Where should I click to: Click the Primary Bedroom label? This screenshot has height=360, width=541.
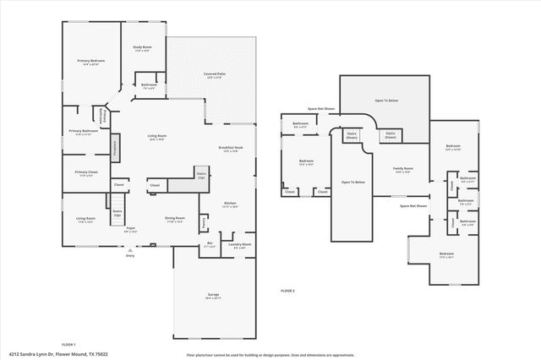pyautogui.click(x=91, y=61)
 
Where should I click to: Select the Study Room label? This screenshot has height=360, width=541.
pyautogui.click(x=141, y=47)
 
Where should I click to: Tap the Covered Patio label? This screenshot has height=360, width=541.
pyautogui.click(x=215, y=74)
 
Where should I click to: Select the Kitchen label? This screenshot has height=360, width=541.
pyautogui.click(x=229, y=203)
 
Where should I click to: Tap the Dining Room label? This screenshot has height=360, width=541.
pyautogui.click(x=175, y=218)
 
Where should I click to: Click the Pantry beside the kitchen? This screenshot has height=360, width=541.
pyautogui.click(x=204, y=223)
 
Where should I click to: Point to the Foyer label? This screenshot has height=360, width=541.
pyautogui.click(x=131, y=228)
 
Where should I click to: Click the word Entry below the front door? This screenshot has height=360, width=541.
pyautogui.click(x=130, y=254)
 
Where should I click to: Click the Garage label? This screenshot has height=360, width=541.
pyautogui.click(x=213, y=295)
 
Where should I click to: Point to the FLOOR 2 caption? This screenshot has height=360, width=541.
pyautogui.click(x=288, y=290)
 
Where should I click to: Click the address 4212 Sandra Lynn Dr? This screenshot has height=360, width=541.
pyautogui.click(x=53, y=355)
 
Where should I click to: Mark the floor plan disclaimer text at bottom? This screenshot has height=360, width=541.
pyautogui.click(x=270, y=355)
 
